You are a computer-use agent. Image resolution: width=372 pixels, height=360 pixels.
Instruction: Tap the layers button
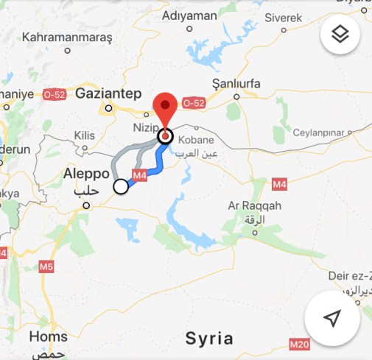(x=340, y=34)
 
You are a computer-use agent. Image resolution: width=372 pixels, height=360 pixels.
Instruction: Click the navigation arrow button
(x=332, y=318)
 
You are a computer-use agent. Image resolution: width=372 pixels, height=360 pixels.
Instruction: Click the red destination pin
(x=165, y=110)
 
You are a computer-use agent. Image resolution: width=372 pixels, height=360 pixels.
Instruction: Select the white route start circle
(x=121, y=187)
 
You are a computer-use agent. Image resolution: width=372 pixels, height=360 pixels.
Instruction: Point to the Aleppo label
(x=86, y=174)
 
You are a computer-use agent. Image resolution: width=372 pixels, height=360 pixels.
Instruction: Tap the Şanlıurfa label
(x=236, y=82)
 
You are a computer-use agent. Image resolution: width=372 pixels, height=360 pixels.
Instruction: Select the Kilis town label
(x=85, y=135)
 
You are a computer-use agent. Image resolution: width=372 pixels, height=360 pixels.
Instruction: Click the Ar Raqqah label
(x=255, y=207)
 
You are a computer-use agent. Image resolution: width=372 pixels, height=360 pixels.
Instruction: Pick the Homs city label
(x=48, y=336)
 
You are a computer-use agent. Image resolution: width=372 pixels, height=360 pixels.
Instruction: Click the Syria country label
(x=209, y=339)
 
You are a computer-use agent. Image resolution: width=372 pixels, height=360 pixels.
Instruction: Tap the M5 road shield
(x=46, y=265)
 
